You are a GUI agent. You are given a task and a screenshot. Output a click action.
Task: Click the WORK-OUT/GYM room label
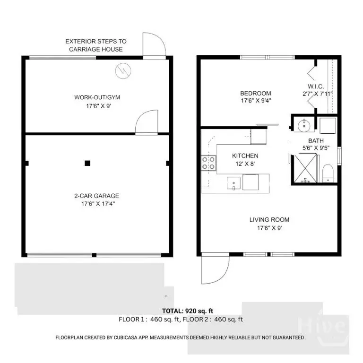point(97,97)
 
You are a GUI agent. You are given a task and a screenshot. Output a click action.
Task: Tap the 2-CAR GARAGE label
point(97,196)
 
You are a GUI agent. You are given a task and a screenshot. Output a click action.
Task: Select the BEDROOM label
point(256,93)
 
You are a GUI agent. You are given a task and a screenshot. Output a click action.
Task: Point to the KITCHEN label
point(245,156)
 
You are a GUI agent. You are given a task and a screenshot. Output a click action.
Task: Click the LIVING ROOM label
point(269,220)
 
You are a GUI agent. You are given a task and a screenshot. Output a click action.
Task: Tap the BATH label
point(316,141)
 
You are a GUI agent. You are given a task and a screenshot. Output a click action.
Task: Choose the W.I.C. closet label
point(316,86)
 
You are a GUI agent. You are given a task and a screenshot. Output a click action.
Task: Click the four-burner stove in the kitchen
point(208,163)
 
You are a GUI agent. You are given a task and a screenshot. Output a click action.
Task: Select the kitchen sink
point(233,183)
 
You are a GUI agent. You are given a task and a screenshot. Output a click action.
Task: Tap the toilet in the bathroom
point(328,173)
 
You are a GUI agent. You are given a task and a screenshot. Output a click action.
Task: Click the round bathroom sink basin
point(304,125)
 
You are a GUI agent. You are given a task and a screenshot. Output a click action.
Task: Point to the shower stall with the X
point(305,168)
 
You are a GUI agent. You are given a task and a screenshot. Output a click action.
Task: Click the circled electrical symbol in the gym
point(123,71)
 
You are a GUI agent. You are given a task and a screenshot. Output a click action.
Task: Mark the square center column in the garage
point(87,163)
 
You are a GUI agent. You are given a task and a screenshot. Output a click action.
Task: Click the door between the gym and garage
point(147,122)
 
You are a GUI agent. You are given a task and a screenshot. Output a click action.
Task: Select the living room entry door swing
point(216,268)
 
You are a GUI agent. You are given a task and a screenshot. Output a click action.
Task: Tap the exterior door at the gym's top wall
point(154,46)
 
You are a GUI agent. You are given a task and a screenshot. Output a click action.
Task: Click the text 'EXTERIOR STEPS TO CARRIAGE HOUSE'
point(96,45)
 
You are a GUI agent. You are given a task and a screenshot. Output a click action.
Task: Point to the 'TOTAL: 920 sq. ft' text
point(188,311)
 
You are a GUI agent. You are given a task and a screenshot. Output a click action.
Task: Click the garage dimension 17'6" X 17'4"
point(98,204)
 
